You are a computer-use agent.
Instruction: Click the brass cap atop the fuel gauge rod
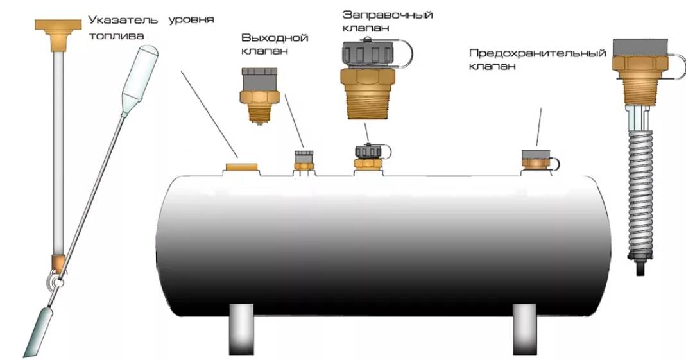[58, 32]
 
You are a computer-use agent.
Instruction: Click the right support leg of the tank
[524, 328]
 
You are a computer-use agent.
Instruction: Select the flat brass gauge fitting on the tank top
[241, 167]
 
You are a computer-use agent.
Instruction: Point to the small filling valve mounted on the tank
[368, 157]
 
